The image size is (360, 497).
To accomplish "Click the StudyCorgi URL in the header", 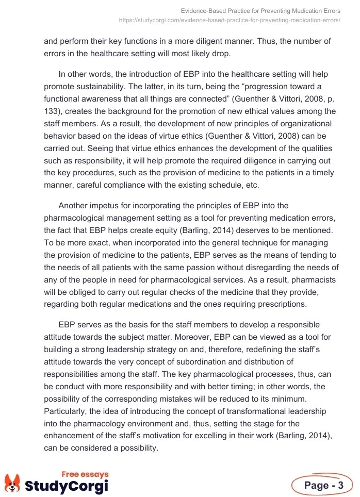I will coord(229,20).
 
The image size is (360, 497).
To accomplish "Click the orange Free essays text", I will coord(85,474).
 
